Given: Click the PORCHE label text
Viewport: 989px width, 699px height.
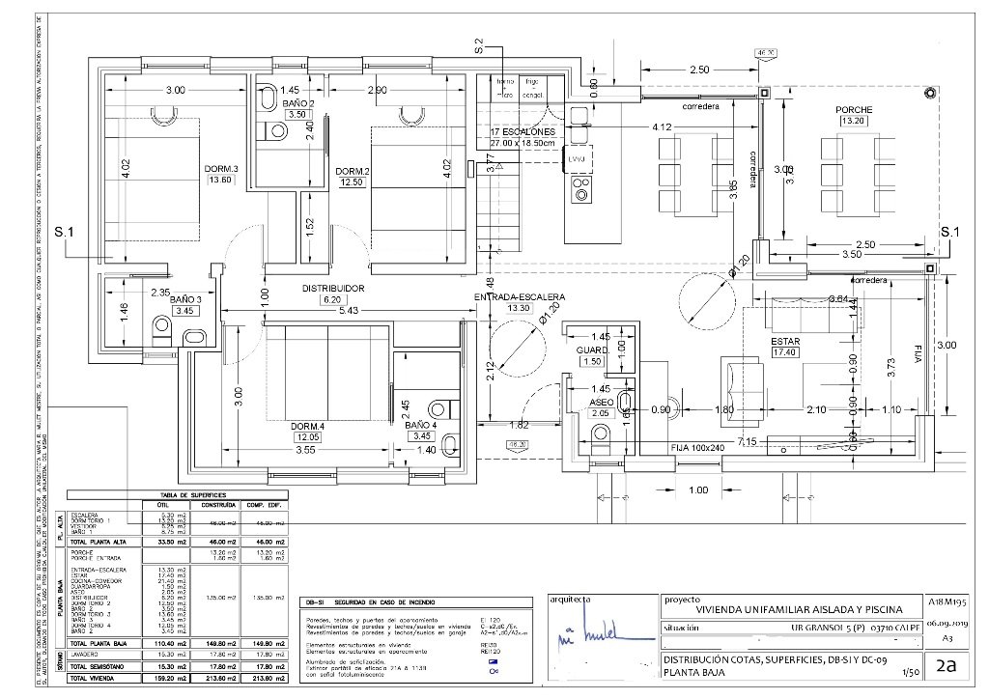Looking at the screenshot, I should click(854, 110).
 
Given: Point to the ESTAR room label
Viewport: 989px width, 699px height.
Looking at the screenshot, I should click(785, 342).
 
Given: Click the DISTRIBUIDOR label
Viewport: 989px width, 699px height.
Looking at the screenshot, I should click(332, 288).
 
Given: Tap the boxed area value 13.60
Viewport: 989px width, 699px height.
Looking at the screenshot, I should click(221, 180).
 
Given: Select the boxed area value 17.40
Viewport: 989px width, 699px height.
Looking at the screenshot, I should click(785, 353).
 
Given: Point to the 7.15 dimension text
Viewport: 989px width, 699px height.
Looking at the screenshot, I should click(747, 441).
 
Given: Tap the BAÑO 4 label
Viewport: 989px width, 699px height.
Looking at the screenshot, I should click(421, 424).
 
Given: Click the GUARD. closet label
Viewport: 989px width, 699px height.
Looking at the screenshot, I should click(591, 349).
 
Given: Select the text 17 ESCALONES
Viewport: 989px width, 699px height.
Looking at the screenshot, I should click(522, 131).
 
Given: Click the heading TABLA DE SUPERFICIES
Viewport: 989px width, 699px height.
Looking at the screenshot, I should click(180, 494).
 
